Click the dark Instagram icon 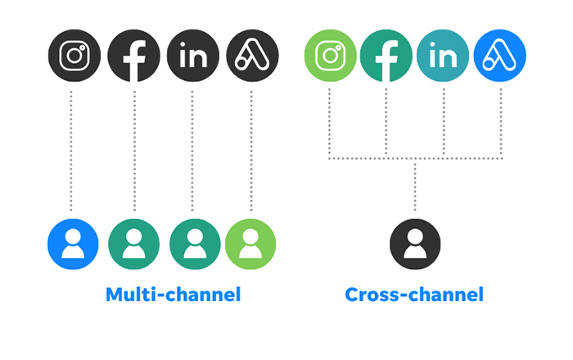74,56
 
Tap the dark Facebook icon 133,56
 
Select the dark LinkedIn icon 193,56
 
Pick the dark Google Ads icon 252,56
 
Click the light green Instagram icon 331,56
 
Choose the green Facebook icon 386,56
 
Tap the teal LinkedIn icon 443,56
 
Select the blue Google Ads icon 500,56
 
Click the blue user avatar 73,245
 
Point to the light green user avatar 250,245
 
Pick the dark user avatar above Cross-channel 415,245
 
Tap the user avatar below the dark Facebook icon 133,245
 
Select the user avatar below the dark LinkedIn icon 195,245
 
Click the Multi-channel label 174,295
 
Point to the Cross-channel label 414,295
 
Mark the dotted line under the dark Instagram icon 71,151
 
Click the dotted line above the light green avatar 251,151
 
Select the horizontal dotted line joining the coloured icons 416,159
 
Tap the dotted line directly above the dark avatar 415,187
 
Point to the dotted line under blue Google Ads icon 501,124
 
